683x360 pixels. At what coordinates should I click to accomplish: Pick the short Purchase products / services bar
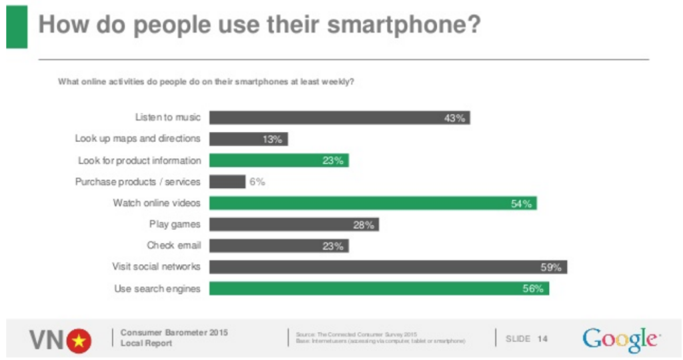click(x=227, y=181)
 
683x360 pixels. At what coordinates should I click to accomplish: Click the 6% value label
click(x=257, y=182)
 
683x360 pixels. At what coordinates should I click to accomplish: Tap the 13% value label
click(x=272, y=139)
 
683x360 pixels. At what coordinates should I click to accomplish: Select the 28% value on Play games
click(x=364, y=225)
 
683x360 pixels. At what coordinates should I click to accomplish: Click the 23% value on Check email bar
click(x=333, y=246)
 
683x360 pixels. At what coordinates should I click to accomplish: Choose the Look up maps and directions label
click(x=137, y=139)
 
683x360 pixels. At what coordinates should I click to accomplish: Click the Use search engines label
click(x=158, y=288)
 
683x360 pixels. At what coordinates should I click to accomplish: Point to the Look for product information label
click(x=139, y=160)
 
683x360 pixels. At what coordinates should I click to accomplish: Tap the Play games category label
click(x=175, y=224)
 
